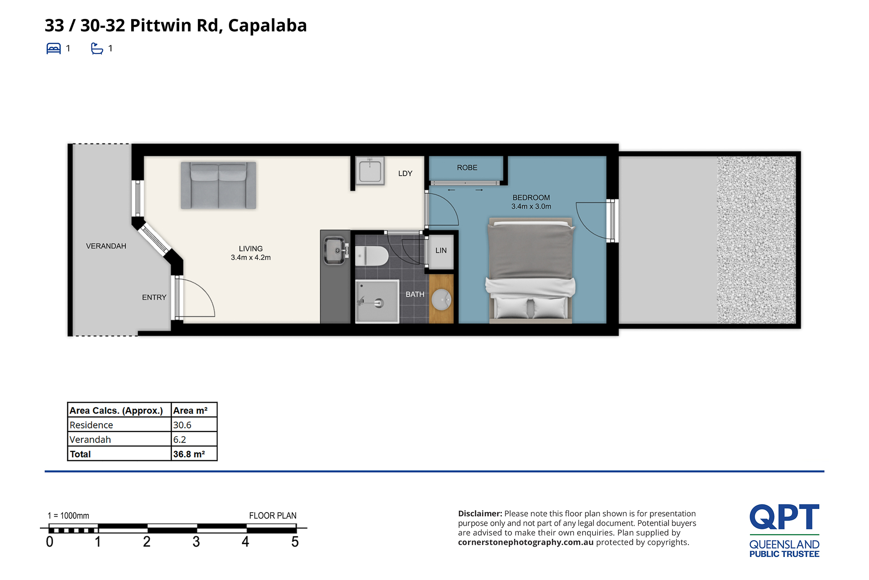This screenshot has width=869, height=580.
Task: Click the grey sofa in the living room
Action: [x=218, y=185]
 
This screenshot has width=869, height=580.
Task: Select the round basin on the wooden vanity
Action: [x=441, y=300]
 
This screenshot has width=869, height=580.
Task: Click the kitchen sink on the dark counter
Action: [x=336, y=250]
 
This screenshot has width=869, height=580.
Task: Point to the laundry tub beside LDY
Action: [x=370, y=171]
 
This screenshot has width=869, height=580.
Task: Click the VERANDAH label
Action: [x=106, y=246]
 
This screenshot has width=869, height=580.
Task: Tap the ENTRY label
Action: [x=154, y=297]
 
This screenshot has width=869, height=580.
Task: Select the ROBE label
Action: [x=467, y=168]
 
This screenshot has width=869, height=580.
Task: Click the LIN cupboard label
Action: [x=441, y=250]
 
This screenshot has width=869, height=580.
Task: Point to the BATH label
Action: [x=415, y=294]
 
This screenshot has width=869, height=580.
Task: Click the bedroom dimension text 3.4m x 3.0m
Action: [x=531, y=206]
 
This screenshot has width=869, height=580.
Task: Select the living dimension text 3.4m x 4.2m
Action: [x=251, y=258]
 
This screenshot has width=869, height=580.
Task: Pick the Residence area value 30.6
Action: [x=182, y=425]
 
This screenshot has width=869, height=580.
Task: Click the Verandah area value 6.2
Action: [x=180, y=440]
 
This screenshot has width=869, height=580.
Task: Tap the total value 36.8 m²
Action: [x=189, y=454]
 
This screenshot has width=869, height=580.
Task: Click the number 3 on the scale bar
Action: [x=196, y=542]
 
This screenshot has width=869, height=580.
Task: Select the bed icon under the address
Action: [x=53, y=48]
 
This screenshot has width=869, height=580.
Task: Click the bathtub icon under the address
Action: [x=97, y=48]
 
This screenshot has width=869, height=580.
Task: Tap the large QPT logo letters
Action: [x=784, y=517]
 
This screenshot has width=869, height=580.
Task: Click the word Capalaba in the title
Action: [x=267, y=25]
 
